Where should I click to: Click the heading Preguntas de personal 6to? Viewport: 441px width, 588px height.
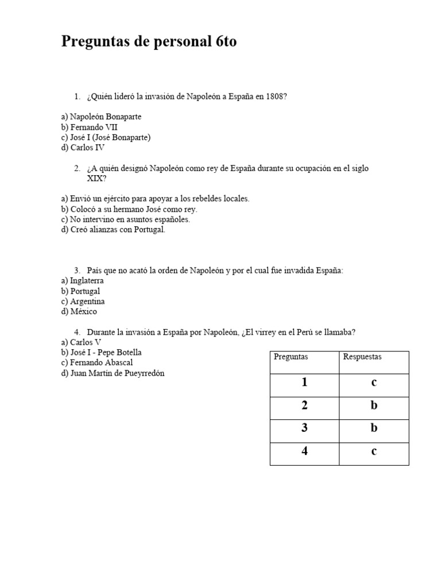[148, 42]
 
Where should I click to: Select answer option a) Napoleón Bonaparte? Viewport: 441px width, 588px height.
[101, 117]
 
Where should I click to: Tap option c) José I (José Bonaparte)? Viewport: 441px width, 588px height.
[106, 137]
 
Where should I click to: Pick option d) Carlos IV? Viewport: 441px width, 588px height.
[83, 148]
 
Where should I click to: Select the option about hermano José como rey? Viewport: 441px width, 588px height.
[129, 209]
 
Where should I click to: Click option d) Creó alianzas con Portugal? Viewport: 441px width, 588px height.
[113, 230]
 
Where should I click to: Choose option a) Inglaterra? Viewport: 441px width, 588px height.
[83, 281]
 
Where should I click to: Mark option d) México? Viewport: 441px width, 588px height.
[79, 312]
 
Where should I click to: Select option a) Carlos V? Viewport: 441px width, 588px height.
[81, 342]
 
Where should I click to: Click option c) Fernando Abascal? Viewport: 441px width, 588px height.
[97, 363]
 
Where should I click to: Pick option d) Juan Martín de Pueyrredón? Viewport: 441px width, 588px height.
[113, 373]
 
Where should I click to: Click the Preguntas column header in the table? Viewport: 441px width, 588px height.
[291, 357]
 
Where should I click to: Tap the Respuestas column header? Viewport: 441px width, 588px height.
[362, 357]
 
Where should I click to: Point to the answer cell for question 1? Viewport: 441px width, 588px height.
[374, 383]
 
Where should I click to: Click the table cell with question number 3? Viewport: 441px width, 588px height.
[304, 428]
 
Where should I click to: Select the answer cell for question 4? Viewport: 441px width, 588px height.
[374, 451]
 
